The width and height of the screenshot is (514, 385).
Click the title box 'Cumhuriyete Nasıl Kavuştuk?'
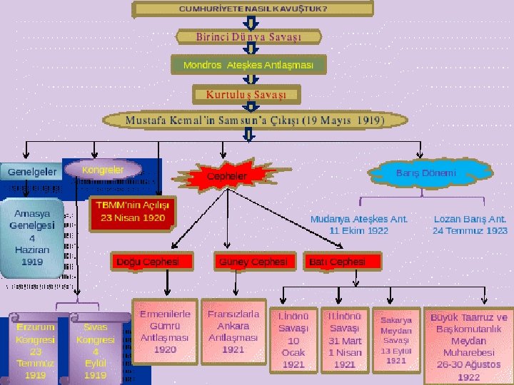click(x=253, y=9)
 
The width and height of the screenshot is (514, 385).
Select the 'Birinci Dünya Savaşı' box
click(x=249, y=36)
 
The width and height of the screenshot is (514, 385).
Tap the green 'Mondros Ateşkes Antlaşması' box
click(x=248, y=65)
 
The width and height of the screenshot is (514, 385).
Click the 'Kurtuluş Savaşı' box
click(x=246, y=94)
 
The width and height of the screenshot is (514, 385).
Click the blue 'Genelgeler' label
click(x=32, y=172)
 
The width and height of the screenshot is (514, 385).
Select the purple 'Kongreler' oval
click(x=103, y=170)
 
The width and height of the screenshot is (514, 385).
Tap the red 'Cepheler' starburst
click(x=227, y=175)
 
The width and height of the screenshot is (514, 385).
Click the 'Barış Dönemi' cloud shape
click(x=425, y=173)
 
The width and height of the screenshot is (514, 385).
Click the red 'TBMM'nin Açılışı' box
click(x=132, y=212)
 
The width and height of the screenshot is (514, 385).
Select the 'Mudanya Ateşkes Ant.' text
click(x=359, y=225)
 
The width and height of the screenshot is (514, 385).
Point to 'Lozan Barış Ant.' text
click(x=470, y=225)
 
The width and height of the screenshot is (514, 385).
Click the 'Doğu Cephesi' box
click(x=151, y=262)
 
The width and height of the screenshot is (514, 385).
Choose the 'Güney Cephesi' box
click(x=253, y=262)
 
